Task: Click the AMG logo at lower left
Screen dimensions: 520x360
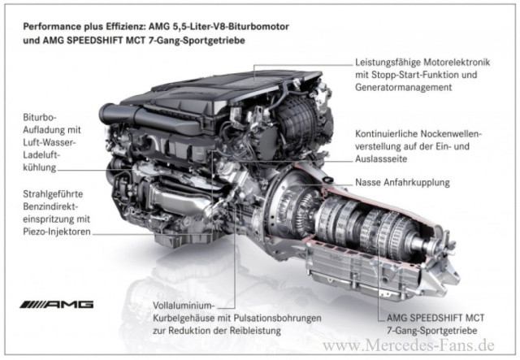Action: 57,304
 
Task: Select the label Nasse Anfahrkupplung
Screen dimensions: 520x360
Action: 403,183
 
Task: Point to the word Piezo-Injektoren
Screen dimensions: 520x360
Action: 57,232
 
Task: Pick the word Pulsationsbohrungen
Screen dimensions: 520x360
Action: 277,319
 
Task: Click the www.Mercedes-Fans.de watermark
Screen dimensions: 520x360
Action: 409,345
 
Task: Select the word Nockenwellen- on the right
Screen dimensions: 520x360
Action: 452,134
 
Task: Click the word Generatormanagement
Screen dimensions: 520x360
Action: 404,87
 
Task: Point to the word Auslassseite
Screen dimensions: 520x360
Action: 381,159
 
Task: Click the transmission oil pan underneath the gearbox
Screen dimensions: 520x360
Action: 362,269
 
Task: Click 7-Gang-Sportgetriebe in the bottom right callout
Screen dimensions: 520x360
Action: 432,331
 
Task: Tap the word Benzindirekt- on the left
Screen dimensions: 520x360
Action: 50,206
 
